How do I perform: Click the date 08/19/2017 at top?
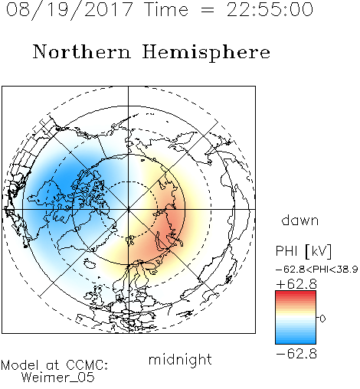69,10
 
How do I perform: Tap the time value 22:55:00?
270,9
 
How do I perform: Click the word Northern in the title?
82,52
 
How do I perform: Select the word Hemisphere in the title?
206,53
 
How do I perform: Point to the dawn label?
300,220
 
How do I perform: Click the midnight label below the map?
180,360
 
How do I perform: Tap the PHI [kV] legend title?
303,251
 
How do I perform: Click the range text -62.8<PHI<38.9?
317,270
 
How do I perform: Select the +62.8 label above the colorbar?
296,284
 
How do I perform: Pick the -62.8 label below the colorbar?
296,354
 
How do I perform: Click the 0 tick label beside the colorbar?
322,319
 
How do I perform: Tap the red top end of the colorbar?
296,293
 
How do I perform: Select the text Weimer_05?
58,378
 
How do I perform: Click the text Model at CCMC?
54,365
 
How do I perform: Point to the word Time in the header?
166,9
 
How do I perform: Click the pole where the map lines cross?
128,209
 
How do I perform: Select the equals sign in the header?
208,10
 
